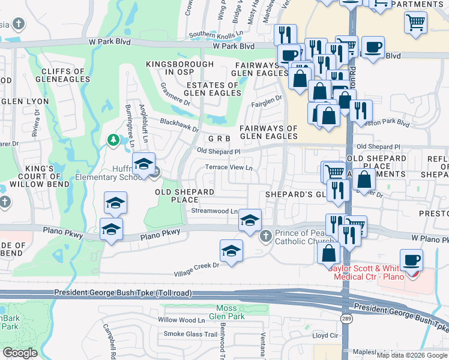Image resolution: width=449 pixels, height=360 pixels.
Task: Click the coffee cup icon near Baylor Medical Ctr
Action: pos(411,261)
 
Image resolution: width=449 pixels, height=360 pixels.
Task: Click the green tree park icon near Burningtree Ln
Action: pos(113,140)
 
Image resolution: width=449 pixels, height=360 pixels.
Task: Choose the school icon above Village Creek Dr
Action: pos(231,251)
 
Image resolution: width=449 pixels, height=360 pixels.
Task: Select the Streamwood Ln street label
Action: pos(214,211)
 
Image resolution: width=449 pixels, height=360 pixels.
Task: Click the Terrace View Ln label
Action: pos(229,167)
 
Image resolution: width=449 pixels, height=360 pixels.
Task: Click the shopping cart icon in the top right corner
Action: pos(415,23)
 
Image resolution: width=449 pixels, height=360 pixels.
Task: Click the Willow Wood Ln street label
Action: pos(182,320)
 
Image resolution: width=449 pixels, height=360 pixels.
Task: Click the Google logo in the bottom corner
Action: pos(20,352)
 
